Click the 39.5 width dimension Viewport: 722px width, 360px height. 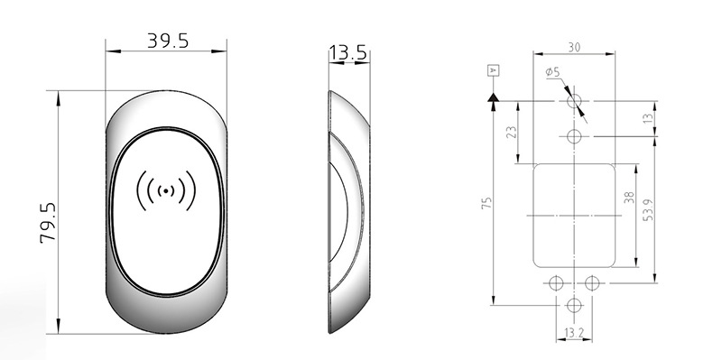[167, 42]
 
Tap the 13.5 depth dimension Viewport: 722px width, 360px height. [347, 53]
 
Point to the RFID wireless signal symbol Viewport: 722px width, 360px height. [166, 190]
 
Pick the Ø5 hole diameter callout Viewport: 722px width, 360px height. [552, 72]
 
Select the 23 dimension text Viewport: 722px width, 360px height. [512, 132]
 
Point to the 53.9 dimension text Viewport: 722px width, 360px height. [646, 217]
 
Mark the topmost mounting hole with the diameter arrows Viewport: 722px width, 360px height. [574, 101]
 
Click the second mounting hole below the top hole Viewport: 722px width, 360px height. [574, 136]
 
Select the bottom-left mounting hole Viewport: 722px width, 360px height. [555, 282]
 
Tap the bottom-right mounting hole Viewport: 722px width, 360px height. [592, 282]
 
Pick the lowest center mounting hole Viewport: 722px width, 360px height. [574, 305]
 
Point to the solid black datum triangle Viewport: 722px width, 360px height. [493, 95]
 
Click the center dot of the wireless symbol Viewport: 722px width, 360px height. [166, 190]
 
